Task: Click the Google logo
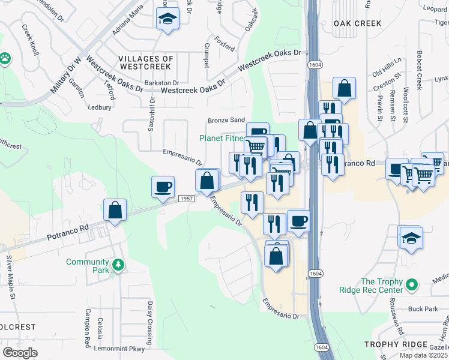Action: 20,353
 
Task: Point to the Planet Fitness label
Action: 222,138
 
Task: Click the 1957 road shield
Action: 186,198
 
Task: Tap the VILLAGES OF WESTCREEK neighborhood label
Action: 146,63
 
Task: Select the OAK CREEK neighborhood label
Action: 357,23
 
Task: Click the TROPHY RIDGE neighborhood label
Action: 397,344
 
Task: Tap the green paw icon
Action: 5,58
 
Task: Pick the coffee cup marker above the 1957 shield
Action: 163,186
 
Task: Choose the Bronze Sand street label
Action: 226,121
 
